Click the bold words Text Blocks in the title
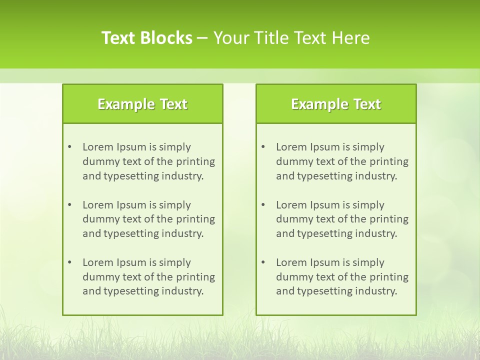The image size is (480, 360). (x=147, y=38)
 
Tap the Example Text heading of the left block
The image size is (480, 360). (x=142, y=104)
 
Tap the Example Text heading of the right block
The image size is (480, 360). (x=336, y=104)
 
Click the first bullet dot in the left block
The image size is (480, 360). (x=69, y=147)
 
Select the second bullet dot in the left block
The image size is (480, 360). (x=69, y=205)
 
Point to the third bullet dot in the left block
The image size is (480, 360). (x=69, y=262)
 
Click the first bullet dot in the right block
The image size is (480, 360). (x=263, y=147)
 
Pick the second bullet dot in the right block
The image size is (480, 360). (x=263, y=205)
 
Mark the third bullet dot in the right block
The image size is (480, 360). (x=263, y=262)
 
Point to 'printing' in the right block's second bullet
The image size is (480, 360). (x=389, y=219)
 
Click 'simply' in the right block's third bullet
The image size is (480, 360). (x=368, y=262)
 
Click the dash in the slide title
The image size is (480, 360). (x=202, y=38)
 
